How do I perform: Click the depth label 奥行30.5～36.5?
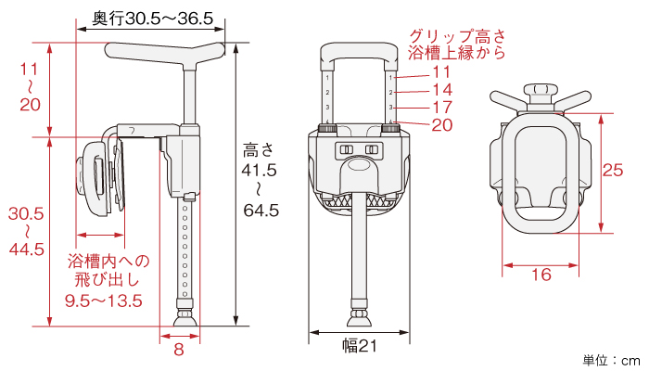click(x=152, y=19)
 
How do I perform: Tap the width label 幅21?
click(x=360, y=346)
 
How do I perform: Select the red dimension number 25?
click(x=613, y=170)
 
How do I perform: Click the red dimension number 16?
click(x=541, y=275)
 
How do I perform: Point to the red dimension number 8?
click(x=179, y=349)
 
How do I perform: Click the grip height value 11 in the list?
click(x=441, y=72)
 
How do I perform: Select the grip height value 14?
click(x=442, y=90)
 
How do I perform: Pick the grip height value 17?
click(x=442, y=108)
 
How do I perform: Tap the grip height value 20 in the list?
click(x=442, y=125)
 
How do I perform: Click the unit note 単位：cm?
click(x=611, y=360)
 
